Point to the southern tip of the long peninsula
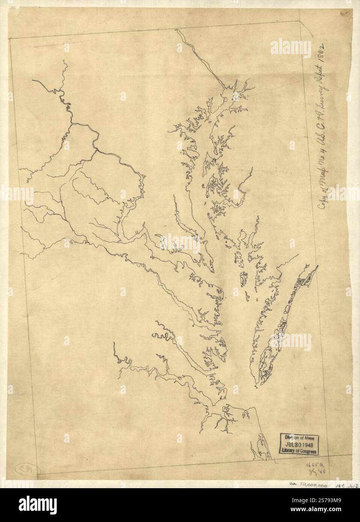(x=257, y=385)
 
